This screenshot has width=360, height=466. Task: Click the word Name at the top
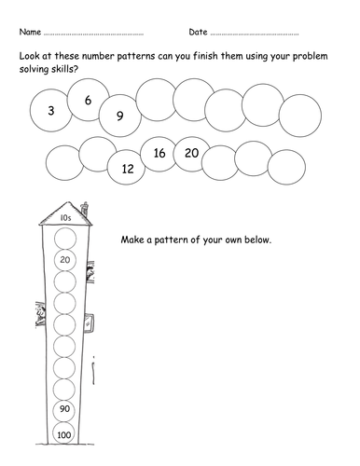click(x=30, y=32)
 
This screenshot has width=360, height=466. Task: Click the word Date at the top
click(x=198, y=32)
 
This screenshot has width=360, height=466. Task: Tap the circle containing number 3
click(x=51, y=110)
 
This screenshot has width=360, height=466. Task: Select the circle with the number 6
click(x=89, y=100)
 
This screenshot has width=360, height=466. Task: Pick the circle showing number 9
click(x=120, y=116)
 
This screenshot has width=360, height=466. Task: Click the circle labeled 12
click(x=127, y=167)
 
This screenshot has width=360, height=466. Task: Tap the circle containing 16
click(x=159, y=154)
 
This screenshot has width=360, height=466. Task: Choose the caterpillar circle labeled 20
click(x=192, y=154)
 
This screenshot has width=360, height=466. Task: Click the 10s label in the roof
click(x=65, y=218)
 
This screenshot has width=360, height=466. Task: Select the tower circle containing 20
click(x=65, y=260)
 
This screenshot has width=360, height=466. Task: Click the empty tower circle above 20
click(x=65, y=239)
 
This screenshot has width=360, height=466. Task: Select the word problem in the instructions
click(x=310, y=57)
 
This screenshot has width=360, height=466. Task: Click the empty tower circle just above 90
click(x=64, y=390)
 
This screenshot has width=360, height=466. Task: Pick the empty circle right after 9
click(x=157, y=100)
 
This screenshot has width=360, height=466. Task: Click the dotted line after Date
click(x=255, y=34)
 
